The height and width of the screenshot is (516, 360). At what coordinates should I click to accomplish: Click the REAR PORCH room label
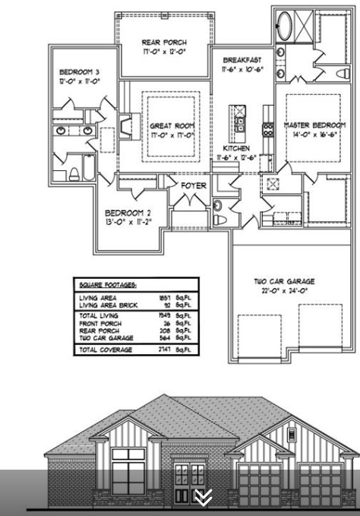point(164,42)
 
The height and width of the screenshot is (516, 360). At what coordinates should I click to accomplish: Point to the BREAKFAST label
point(242,59)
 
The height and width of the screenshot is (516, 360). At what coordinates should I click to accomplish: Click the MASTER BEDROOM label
point(314,125)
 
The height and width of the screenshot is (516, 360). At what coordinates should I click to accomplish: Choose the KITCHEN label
point(236,148)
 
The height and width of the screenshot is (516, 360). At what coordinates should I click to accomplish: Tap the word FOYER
point(194,185)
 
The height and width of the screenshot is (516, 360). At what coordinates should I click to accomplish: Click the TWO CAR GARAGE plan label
point(283,280)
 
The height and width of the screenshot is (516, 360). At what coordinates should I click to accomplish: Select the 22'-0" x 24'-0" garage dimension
point(283,291)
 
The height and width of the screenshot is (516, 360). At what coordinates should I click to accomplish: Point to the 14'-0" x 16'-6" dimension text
point(314,134)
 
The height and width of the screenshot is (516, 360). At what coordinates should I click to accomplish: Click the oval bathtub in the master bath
point(287,25)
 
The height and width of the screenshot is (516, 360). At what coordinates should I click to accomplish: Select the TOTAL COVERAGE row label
point(106,349)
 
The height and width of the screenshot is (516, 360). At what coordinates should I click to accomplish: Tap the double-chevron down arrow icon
point(204,498)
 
